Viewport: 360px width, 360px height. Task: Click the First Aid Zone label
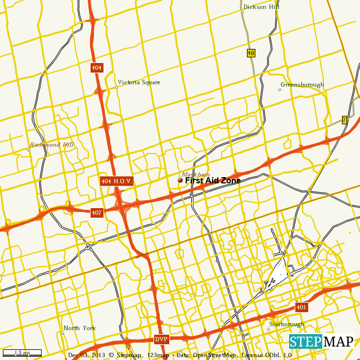click(x=213, y=181)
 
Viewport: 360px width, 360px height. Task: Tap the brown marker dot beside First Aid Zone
click(x=180, y=181)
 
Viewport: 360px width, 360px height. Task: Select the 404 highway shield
click(x=97, y=67)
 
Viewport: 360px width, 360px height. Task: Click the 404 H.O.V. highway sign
click(x=116, y=181)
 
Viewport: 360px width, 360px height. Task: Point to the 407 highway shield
click(x=97, y=212)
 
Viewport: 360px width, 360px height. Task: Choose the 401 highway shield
click(x=301, y=307)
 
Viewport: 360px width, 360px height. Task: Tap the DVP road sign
click(x=161, y=339)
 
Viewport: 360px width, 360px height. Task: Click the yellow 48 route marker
click(x=251, y=53)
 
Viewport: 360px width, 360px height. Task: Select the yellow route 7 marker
click(x=344, y=120)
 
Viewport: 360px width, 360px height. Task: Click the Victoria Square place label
click(x=139, y=82)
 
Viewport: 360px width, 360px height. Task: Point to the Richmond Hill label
click(x=52, y=145)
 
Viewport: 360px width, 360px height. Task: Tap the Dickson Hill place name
click(x=261, y=7)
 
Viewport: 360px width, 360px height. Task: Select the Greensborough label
click(x=302, y=84)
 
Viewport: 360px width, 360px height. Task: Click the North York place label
click(x=79, y=328)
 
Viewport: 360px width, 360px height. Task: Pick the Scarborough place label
click(x=286, y=324)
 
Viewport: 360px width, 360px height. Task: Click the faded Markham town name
click(x=196, y=174)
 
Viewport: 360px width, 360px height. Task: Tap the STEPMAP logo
click(x=321, y=341)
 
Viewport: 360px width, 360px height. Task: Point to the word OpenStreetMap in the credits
click(x=215, y=355)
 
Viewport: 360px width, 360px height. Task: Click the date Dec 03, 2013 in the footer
click(x=87, y=355)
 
